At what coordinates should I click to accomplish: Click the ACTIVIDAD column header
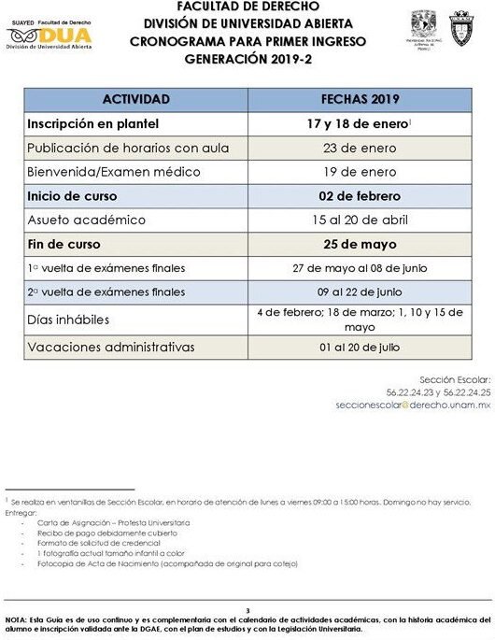[x=136, y=99]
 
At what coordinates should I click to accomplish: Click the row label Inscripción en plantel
[x=92, y=123]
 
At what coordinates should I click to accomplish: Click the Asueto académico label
[x=87, y=220]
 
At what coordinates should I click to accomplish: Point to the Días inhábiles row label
[x=69, y=320]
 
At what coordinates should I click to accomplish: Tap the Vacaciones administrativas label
[x=111, y=348]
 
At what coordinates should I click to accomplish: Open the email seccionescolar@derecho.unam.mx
[x=414, y=405]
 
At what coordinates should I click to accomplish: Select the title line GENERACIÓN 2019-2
[x=247, y=56]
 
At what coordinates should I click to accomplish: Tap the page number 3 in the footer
[x=247, y=609]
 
